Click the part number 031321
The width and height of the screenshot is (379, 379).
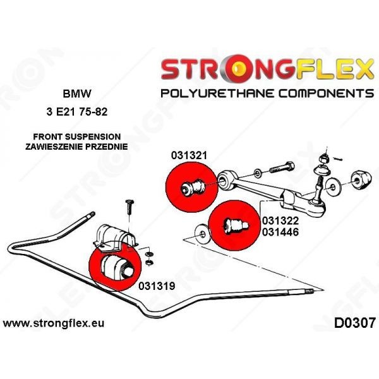coord(189,155)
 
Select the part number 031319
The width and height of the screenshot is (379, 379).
coord(157,286)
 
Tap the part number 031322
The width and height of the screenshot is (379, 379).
coord(280,220)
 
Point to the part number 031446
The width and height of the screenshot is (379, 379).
coord(280,232)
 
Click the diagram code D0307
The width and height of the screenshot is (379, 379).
coord(355,323)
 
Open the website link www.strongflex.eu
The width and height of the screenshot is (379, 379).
coord(54,323)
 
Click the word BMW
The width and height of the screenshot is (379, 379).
coord(77,93)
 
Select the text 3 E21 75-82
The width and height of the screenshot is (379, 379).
coord(77,112)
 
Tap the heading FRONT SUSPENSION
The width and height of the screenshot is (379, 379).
coord(77,137)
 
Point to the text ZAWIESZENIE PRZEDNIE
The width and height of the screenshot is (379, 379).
coord(76,147)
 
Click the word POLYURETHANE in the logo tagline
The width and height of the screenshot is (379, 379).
coord(217,93)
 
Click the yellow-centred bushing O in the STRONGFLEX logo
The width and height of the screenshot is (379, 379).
coord(238,69)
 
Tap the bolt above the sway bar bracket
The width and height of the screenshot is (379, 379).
coord(129,207)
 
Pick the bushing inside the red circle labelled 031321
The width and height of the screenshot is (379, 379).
coord(193,186)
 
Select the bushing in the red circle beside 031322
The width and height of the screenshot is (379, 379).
coord(235,226)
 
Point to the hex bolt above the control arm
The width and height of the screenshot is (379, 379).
coord(282,167)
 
